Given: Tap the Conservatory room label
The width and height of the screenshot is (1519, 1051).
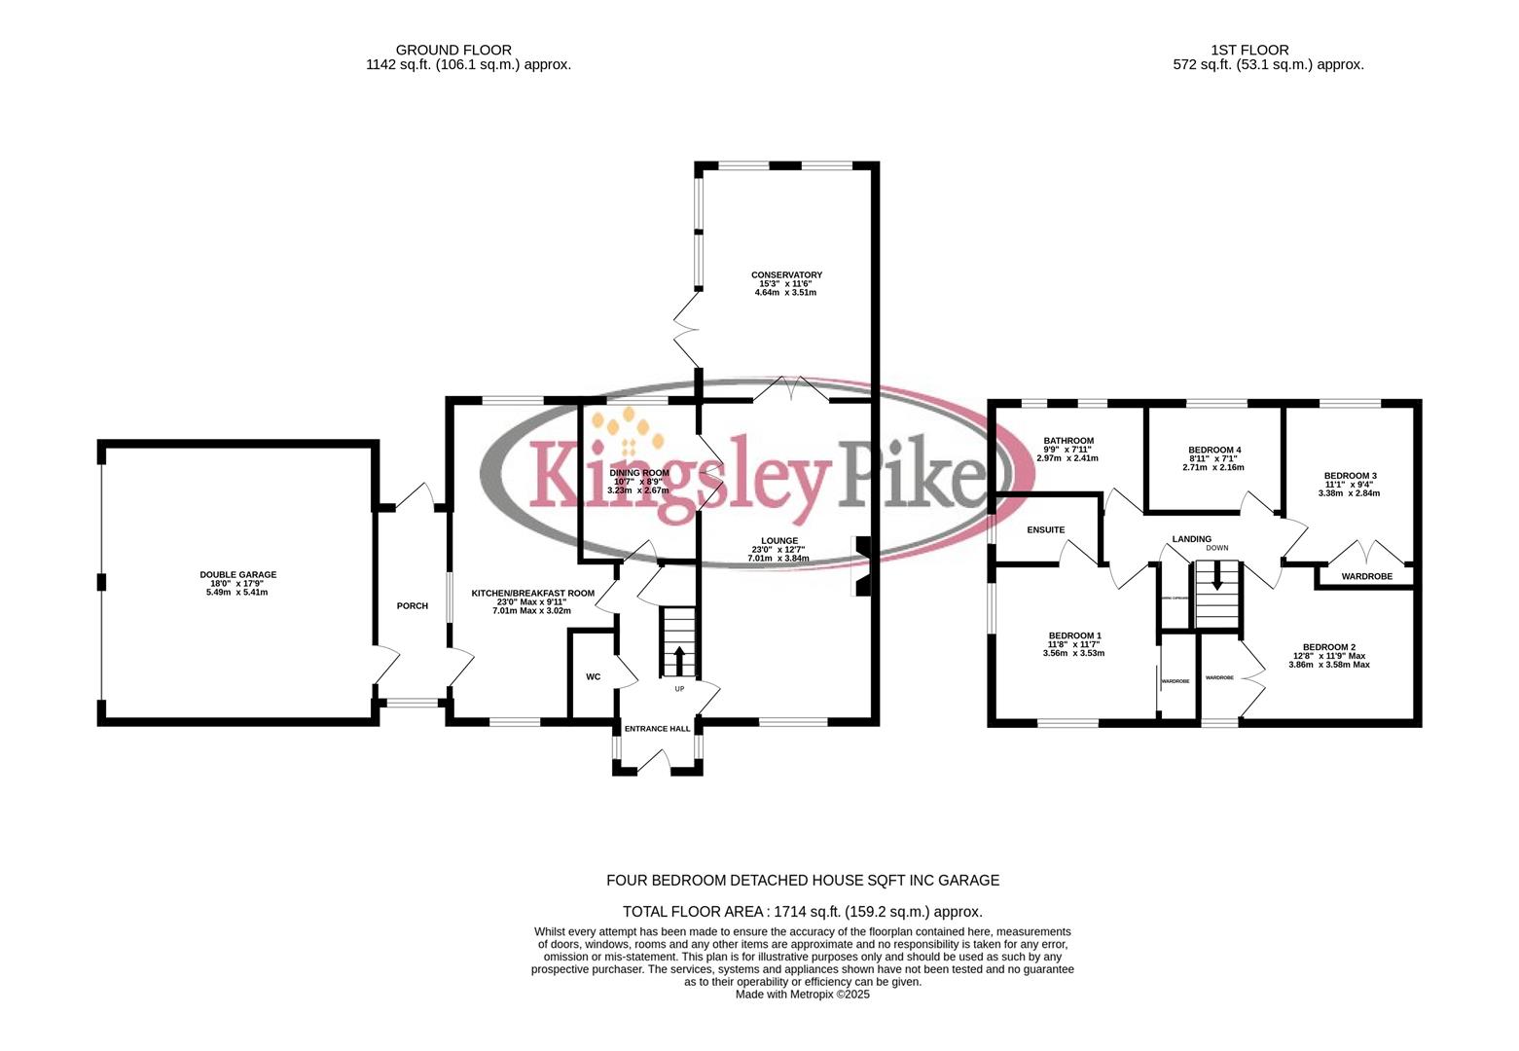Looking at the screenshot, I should (786, 275).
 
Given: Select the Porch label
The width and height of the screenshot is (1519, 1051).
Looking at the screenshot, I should (413, 606).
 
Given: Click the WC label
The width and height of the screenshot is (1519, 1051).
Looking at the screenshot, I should (594, 677).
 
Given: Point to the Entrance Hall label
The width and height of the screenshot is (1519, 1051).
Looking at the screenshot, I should (657, 729).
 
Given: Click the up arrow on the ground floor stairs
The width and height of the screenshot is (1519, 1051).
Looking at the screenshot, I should (679, 660).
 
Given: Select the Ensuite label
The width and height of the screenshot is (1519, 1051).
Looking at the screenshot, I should (1046, 530).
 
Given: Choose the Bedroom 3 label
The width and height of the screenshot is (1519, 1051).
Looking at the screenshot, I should (1350, 476).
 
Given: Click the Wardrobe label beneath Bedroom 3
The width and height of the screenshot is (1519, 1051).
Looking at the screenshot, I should (1366, 577).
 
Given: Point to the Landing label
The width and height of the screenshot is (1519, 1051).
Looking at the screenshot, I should (1192, 539).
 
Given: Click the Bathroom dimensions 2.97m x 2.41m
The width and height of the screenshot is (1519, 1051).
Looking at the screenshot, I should (1067, 458).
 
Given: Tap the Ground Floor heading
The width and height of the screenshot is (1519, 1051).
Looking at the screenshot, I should (453, 50).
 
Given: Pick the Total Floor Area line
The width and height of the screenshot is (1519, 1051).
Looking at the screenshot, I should (802, 912).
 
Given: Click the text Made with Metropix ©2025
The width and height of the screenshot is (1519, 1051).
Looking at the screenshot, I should (802, 995).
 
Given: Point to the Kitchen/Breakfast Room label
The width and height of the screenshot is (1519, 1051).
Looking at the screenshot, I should (532, 593).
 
